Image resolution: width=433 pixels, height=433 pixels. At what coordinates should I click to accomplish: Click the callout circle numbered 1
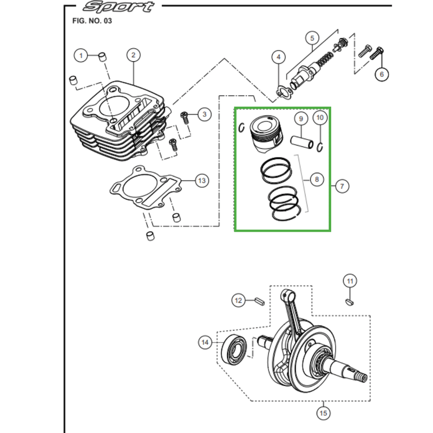(81, 56)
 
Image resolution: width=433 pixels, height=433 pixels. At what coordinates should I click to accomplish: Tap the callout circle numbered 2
(133, 55)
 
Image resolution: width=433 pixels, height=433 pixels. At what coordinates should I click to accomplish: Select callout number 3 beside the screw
(205, 114)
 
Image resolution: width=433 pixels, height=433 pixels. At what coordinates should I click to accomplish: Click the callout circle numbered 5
(312, 38)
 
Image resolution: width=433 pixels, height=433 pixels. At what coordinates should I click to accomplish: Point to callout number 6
(382, 74)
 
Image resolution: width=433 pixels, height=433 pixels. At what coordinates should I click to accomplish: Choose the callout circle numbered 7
(342, 186)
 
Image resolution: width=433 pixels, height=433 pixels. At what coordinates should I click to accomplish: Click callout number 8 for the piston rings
(317, 180)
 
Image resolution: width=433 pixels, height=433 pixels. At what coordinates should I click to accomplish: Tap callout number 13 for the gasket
(202, 181)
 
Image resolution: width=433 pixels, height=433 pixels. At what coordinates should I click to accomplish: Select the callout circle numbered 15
(323, 413)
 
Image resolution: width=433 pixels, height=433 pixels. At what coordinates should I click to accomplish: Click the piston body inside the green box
(266, 133)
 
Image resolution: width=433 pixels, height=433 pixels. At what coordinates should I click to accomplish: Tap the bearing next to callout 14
(234, 350)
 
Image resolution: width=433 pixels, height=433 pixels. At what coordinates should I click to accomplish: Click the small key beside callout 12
(260, 301)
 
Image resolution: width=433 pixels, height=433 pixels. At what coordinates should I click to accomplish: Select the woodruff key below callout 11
(349, 302)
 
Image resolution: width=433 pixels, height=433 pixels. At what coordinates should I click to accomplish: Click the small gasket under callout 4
(284, 91)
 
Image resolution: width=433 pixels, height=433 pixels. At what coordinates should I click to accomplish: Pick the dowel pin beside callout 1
(103, 57)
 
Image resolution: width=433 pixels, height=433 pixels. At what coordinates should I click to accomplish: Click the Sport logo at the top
(119, 6)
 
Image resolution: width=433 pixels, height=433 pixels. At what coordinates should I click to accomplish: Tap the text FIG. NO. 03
(92, 21)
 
